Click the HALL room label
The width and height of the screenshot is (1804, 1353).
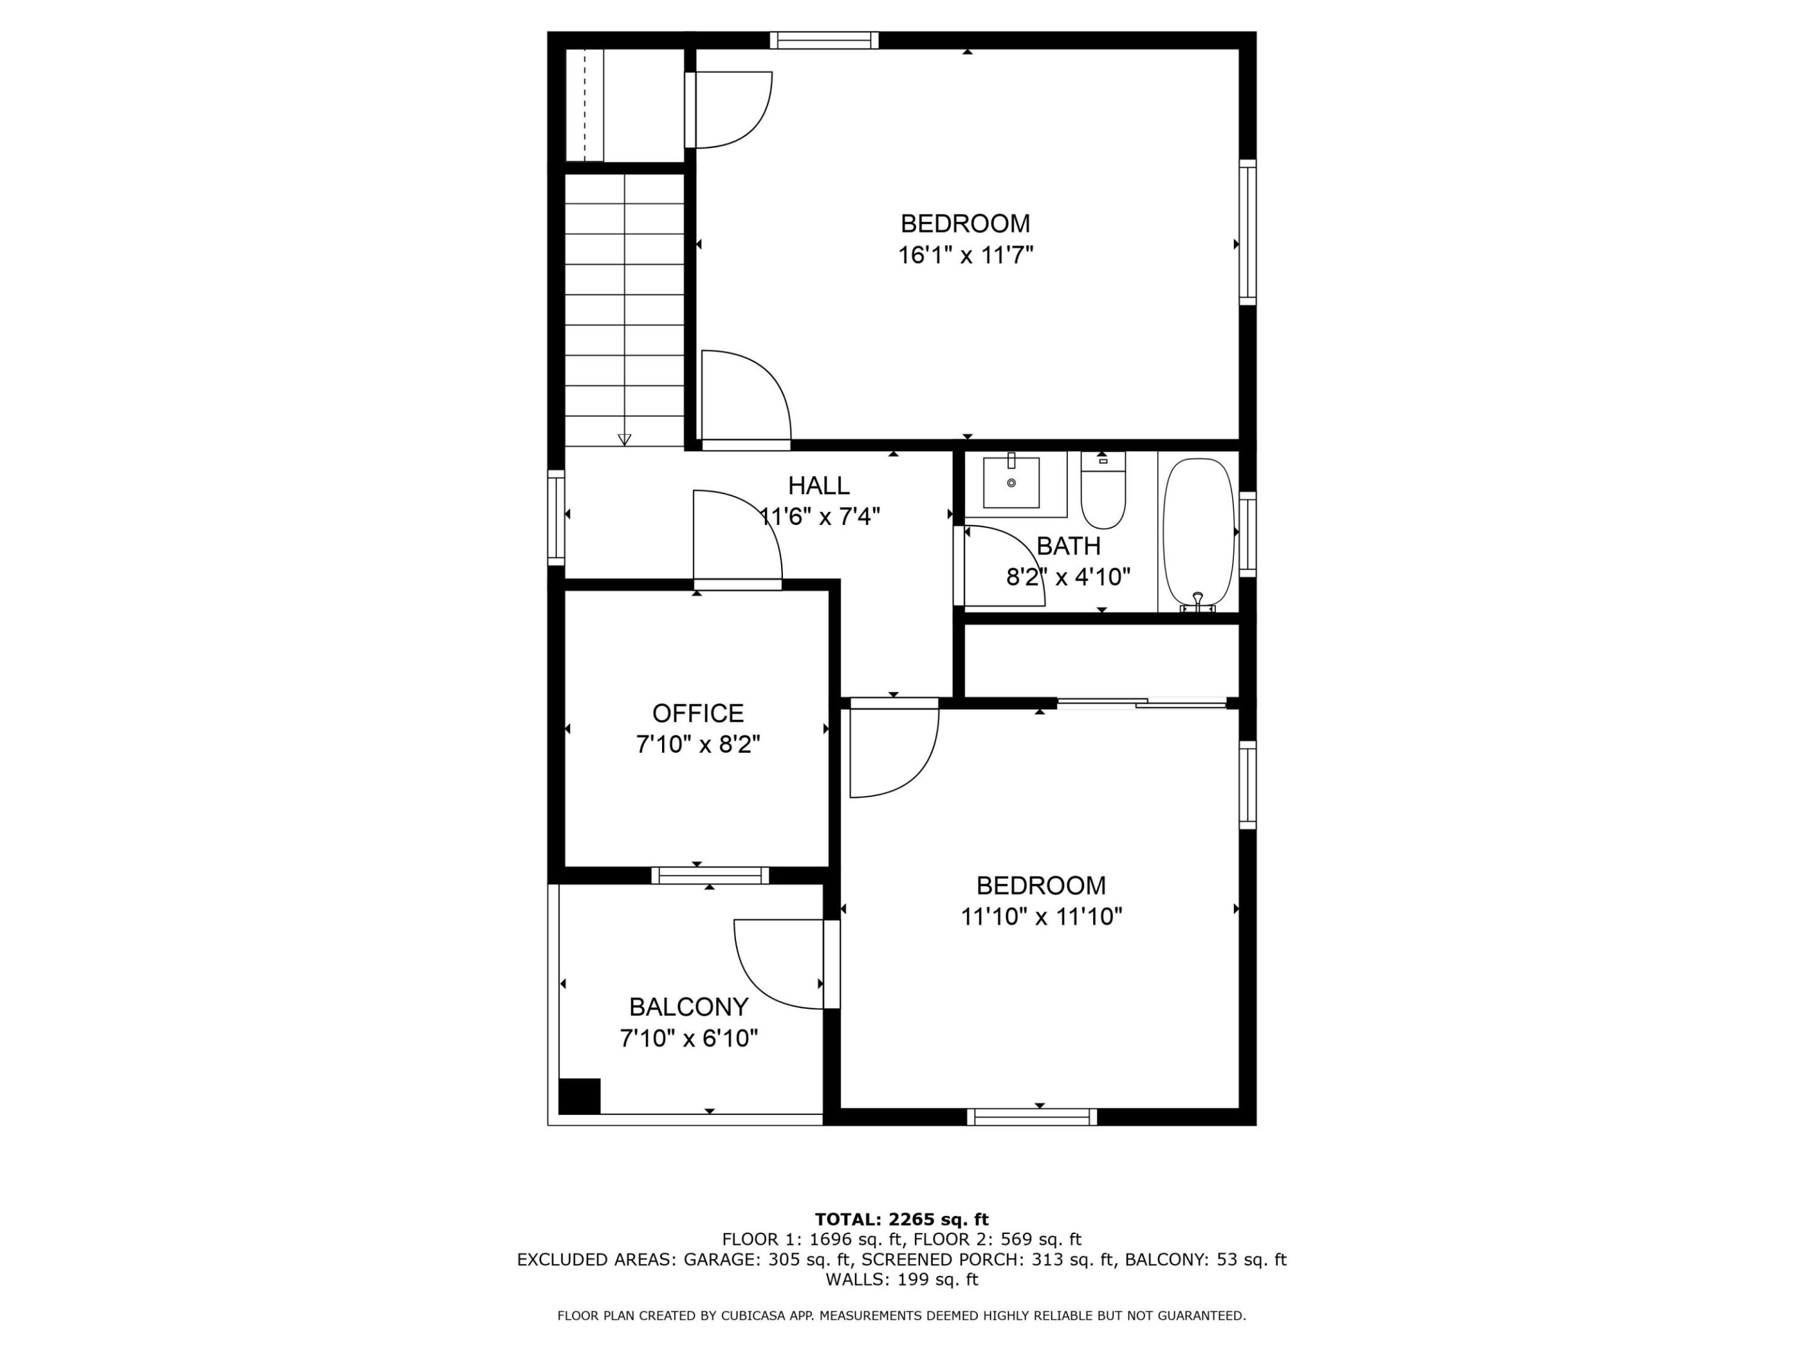[x=819, y=486]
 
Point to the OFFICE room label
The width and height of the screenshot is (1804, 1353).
[x=698, y=713]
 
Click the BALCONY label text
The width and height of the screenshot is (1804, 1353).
[x=688, y=1007]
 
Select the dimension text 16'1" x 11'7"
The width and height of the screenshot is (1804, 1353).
[x=966, y=256]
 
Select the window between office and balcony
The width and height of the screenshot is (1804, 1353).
[x=710, y=876]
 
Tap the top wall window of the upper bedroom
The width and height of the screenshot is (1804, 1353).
[x=824, y=40]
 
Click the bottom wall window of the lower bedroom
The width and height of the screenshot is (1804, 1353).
[x=1032, y=1117]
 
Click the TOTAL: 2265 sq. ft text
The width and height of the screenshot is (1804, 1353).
[x=901, y=1219]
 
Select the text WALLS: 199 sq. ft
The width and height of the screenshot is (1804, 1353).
[x=901, y=1280]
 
